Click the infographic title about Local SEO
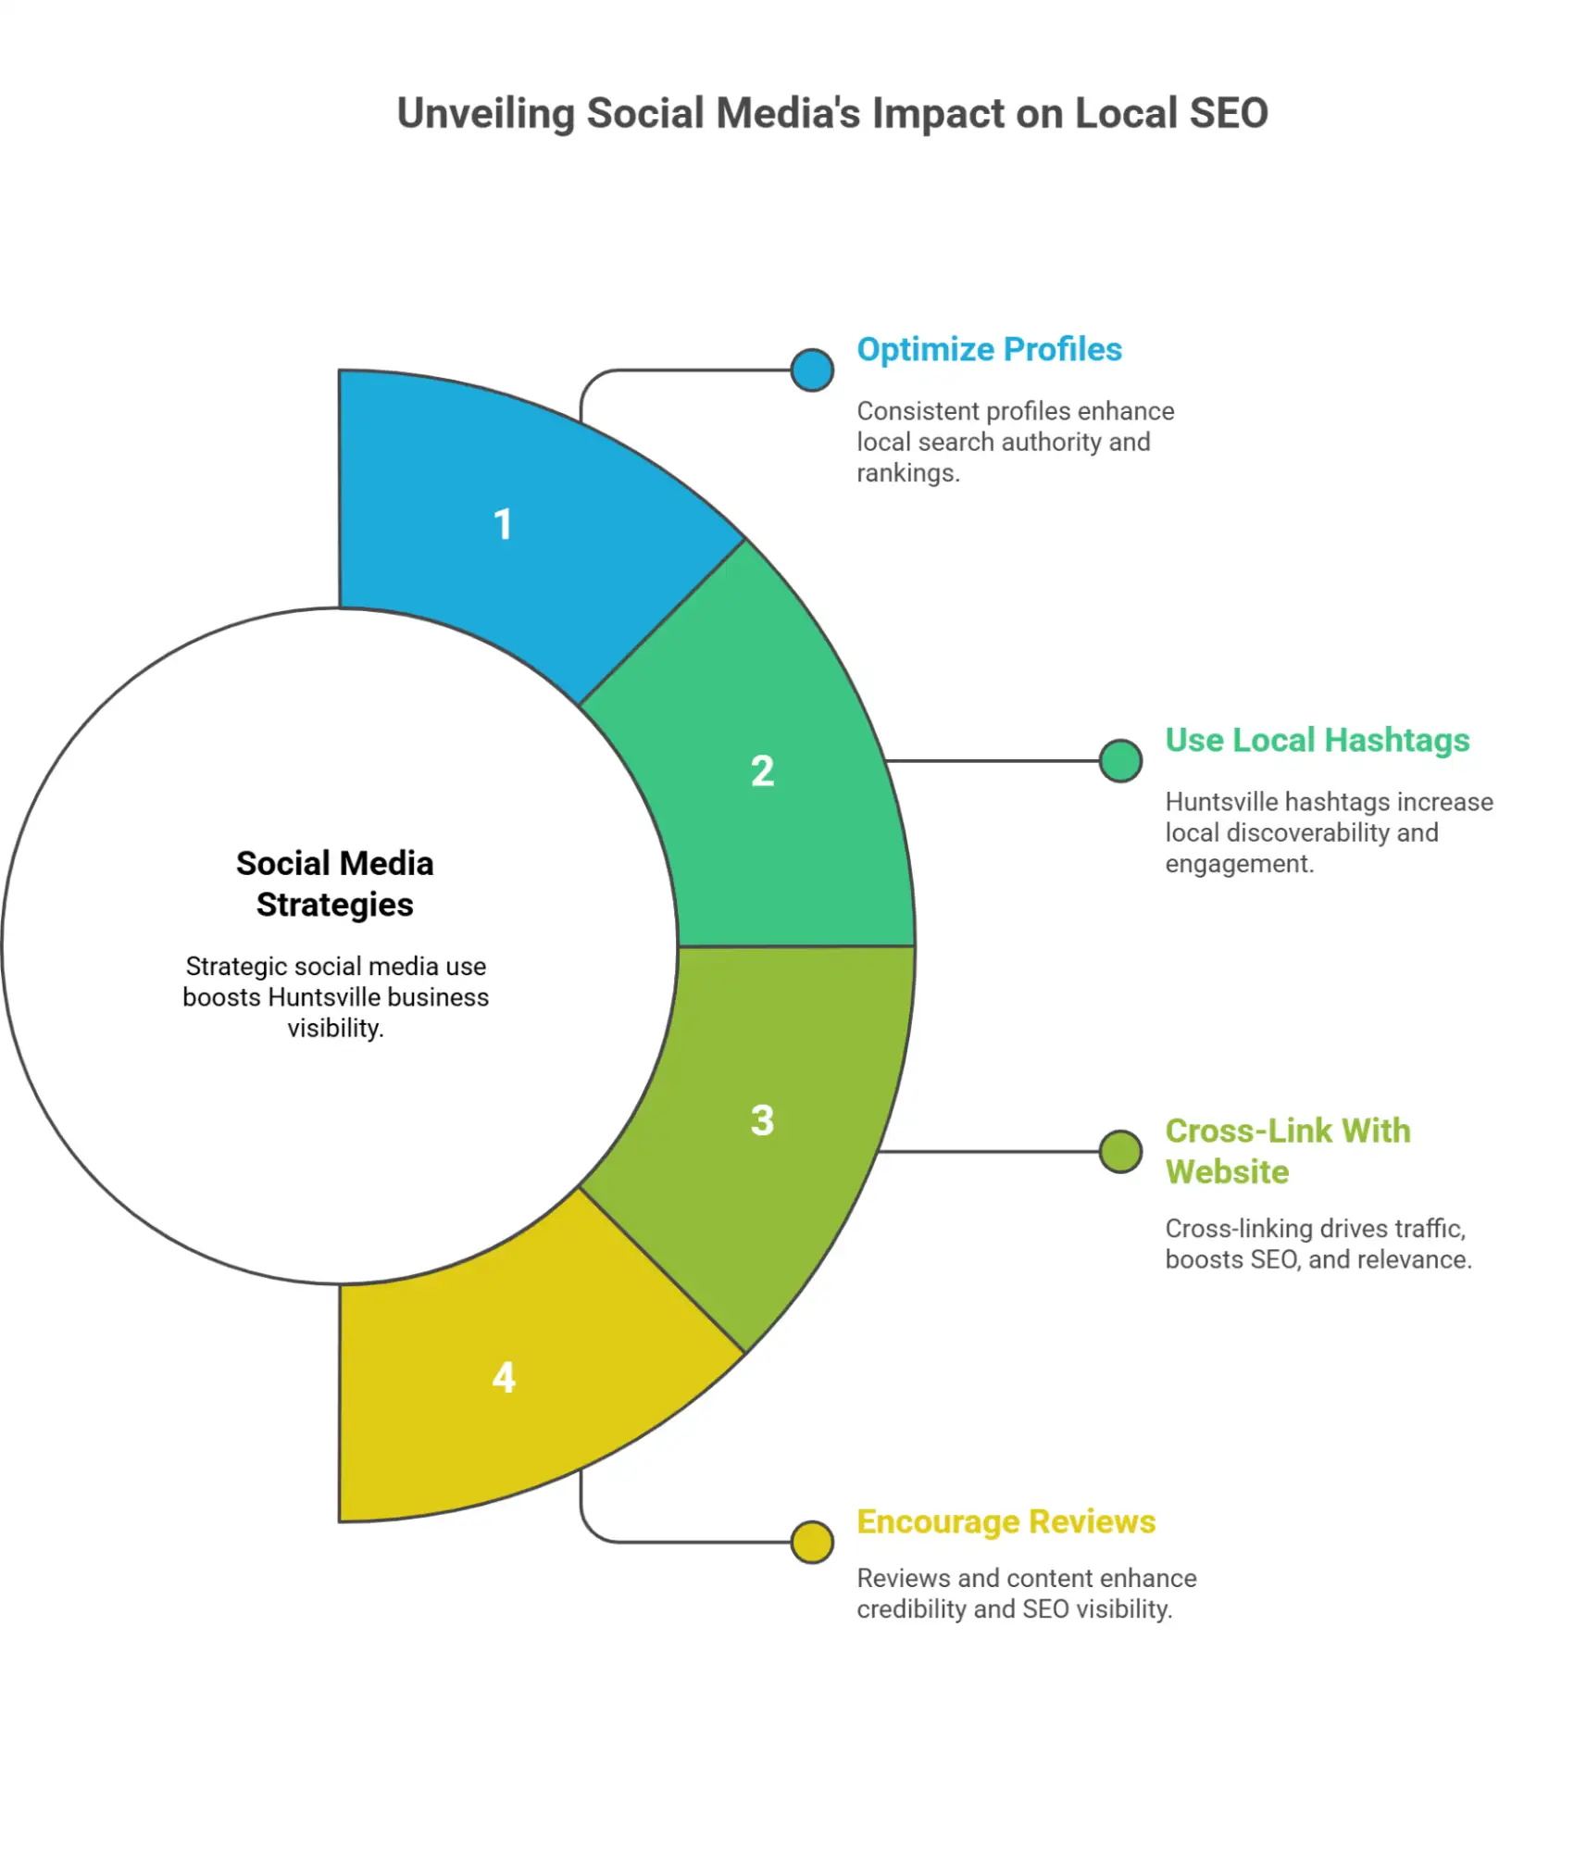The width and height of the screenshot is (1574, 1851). coord(831,114)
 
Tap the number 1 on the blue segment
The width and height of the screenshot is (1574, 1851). coord(503,525)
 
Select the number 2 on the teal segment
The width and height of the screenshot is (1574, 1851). coord(762,771)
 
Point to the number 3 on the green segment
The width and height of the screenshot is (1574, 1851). coord(762,1120)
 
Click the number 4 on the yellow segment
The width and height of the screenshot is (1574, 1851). coord(504,1378)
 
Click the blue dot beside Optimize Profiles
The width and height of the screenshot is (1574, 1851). coord(812,370)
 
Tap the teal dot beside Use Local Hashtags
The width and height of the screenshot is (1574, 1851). coord(1120,761)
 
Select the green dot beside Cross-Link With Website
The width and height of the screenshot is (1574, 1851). coord(1120,1152)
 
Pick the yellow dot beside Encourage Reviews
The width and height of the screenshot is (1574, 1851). coord(812,1543)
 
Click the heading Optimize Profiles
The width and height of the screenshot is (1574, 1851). coord(989,350)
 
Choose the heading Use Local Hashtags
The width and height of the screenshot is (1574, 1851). coord(1317,741)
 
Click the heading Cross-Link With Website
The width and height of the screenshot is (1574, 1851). coord(1287,1151)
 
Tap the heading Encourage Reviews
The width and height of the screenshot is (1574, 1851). coord(1006,1522)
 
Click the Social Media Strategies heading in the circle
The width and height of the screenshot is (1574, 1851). coord(335,883)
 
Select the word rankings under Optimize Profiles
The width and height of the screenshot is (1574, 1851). coord(907,473)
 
